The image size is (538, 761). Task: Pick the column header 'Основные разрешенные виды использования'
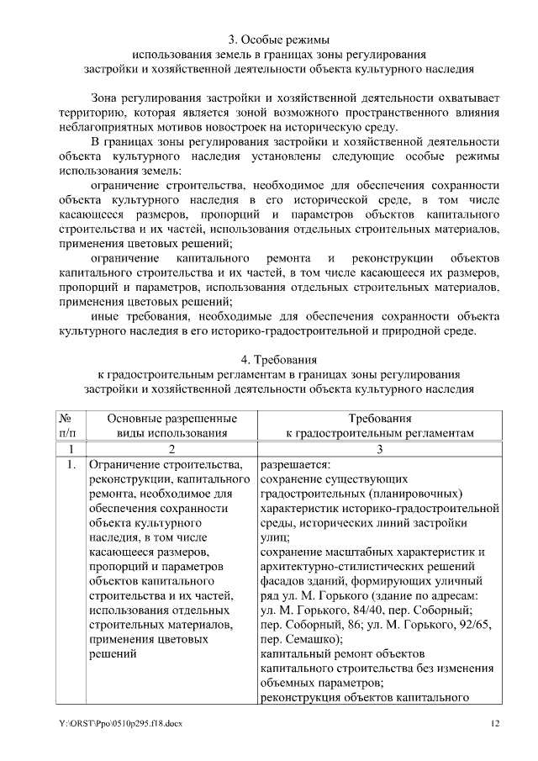pos(171,425)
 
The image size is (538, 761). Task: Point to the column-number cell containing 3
pos(379,449)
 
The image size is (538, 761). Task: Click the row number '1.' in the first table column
pos(71,464)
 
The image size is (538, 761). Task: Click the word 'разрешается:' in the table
pos(295,464)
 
